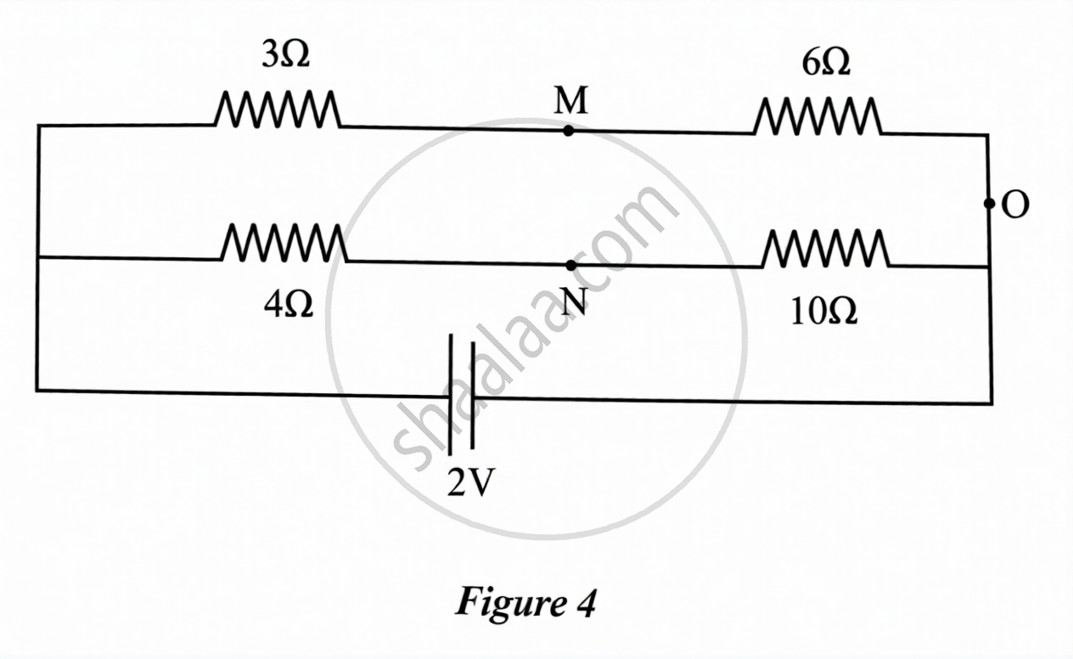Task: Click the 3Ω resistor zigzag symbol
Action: pos(278,110)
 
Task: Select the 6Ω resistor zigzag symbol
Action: pos(817,117)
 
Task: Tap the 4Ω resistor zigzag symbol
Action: pos(284,243)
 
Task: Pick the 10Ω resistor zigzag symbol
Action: pos(825,249)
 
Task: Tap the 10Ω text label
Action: pos(823,312)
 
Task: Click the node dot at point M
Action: pos(568,131)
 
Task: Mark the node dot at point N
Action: pos(570,265)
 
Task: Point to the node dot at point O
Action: pos(989,204)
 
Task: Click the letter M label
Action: pos(570,103)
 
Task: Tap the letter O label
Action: pos(1015,206)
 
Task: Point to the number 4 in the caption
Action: pos(587,603)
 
